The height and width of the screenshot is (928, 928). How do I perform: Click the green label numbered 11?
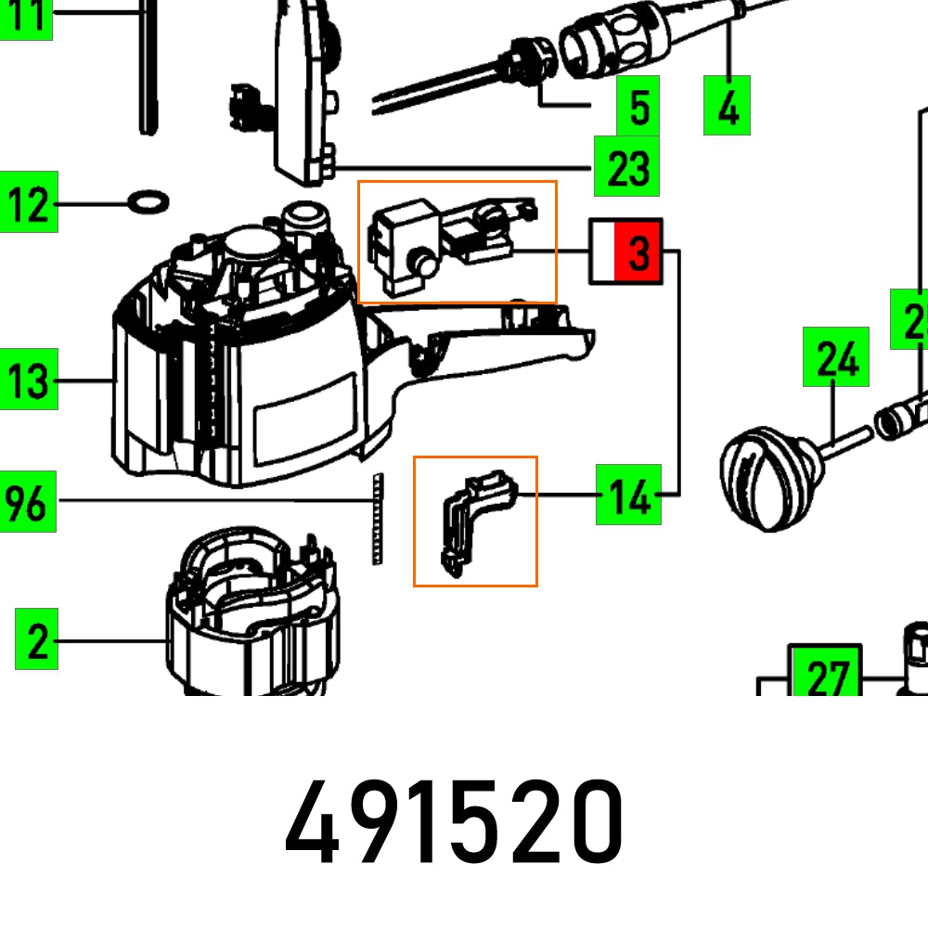pos(25,19)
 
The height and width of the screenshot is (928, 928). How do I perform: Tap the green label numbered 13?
pos(29,380)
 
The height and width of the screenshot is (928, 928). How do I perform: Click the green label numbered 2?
pos(36,639)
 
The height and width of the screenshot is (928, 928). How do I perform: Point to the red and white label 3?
pos(626,251)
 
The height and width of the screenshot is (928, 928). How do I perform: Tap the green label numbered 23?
pos(626,167)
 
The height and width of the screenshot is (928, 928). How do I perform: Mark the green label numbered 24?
pos(836,356)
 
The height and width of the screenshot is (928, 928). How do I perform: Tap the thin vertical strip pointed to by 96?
pos(377,520)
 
